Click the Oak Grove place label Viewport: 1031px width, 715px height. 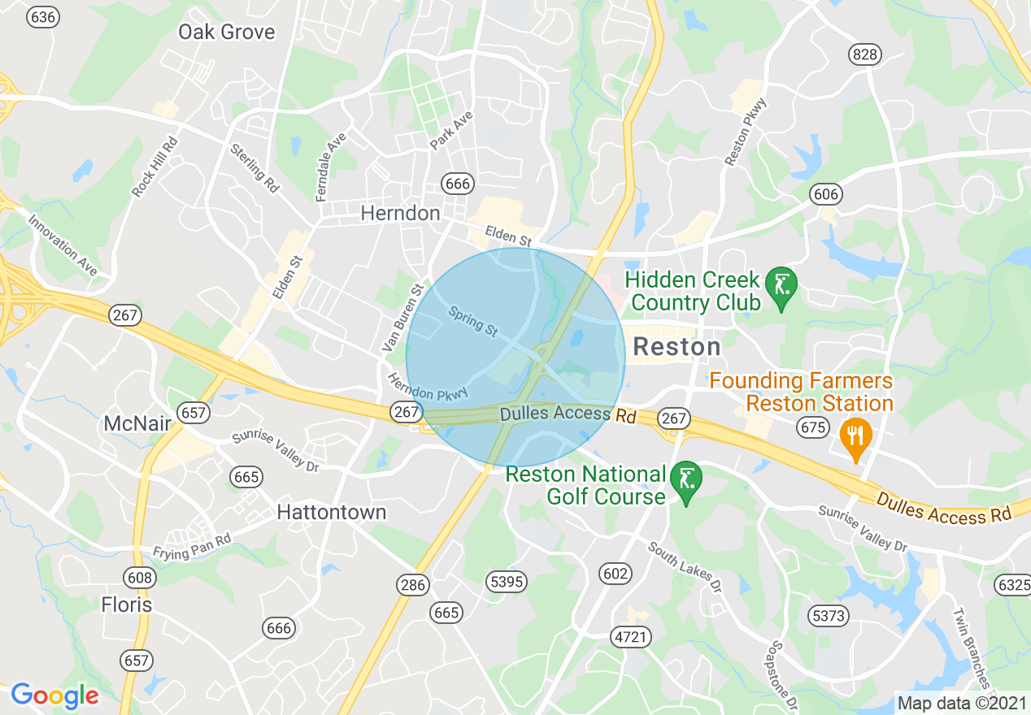click(x=227, y=32)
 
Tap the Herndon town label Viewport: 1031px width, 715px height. click(x=400, y=214)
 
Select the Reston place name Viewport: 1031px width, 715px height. click(x=676, y=347)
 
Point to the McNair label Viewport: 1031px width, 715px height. click(x=136, y=423)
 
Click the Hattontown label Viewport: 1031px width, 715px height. click(x=332, y=513)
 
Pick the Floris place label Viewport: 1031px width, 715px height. click(x=126, y=605)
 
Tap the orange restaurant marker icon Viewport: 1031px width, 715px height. click(x=855, y=436)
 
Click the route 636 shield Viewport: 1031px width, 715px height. click(x=43, y=17)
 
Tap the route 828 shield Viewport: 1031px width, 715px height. click(x=864, y=54)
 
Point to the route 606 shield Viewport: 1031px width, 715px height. click(x=825, y=195)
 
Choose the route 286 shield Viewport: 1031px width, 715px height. click(x=412, y=585)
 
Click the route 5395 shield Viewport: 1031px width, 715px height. click(x=507, y=582)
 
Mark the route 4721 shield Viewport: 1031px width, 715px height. click(x=630, y=637)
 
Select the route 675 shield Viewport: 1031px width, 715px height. click(x=813, y=428)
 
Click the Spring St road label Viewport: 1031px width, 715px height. click(x=472, y=322)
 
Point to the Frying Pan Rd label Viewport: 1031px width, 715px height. click(x=192, y=546)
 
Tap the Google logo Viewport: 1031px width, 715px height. click(x=54, y=695)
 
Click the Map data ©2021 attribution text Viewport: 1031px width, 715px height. click(x=959, y=703)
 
